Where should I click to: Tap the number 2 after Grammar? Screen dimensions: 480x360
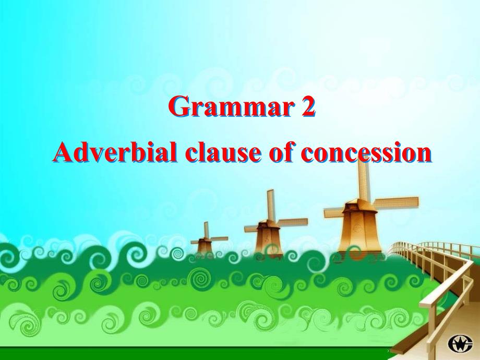(308, 106)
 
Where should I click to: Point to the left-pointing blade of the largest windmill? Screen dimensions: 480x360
(334, 213)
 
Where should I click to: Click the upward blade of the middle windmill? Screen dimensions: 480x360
(270, 205)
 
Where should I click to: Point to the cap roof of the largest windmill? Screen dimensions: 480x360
(357, 205)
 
